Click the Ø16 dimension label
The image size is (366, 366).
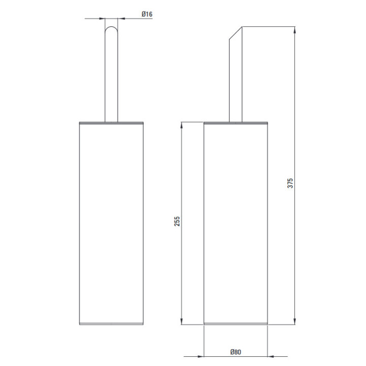[x=147, y=14]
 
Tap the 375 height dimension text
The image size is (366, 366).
[x=290, y=183]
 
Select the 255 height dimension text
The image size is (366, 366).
[x=177, y=221]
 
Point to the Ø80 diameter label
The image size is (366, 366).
[x=235, y=352]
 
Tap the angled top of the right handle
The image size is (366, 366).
[x=236, y=33]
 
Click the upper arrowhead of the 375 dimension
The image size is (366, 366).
[x=294, y=30]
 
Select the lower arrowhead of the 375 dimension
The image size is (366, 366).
[x=294, y=321]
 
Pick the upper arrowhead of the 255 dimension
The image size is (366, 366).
[x=181, y=125]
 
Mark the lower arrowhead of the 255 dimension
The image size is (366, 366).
[x=181, y=321]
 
